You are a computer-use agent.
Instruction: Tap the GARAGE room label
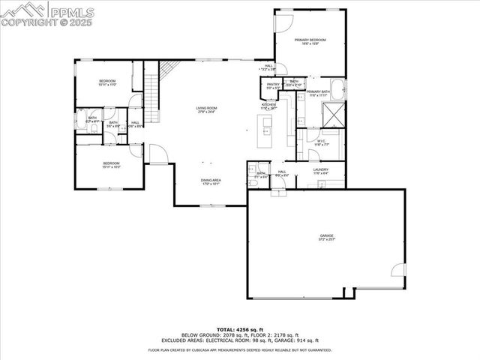pos(325,236)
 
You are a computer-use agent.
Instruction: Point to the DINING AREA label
pos(210,181)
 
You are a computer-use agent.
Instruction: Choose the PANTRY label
pos(273,85)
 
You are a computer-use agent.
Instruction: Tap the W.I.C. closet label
pos(320,142)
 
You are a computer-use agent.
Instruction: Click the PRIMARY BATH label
pos(317,93)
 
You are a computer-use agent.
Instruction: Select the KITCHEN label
pos(268,106)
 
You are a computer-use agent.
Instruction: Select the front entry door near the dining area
pos(157,153)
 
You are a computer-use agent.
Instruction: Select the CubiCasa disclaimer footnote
pos(239,349)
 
